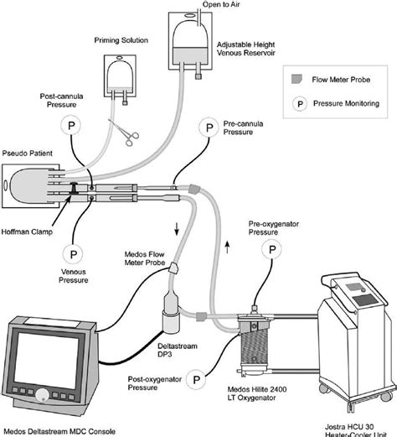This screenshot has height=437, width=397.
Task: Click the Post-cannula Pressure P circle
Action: [x=70, y=123]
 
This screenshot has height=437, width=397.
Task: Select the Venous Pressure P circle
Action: [x=70, y=252]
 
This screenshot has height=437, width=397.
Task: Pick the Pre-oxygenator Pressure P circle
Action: [x=271, y=249]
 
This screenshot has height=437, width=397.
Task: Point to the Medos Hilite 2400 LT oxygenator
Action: [x=250, y=344]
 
